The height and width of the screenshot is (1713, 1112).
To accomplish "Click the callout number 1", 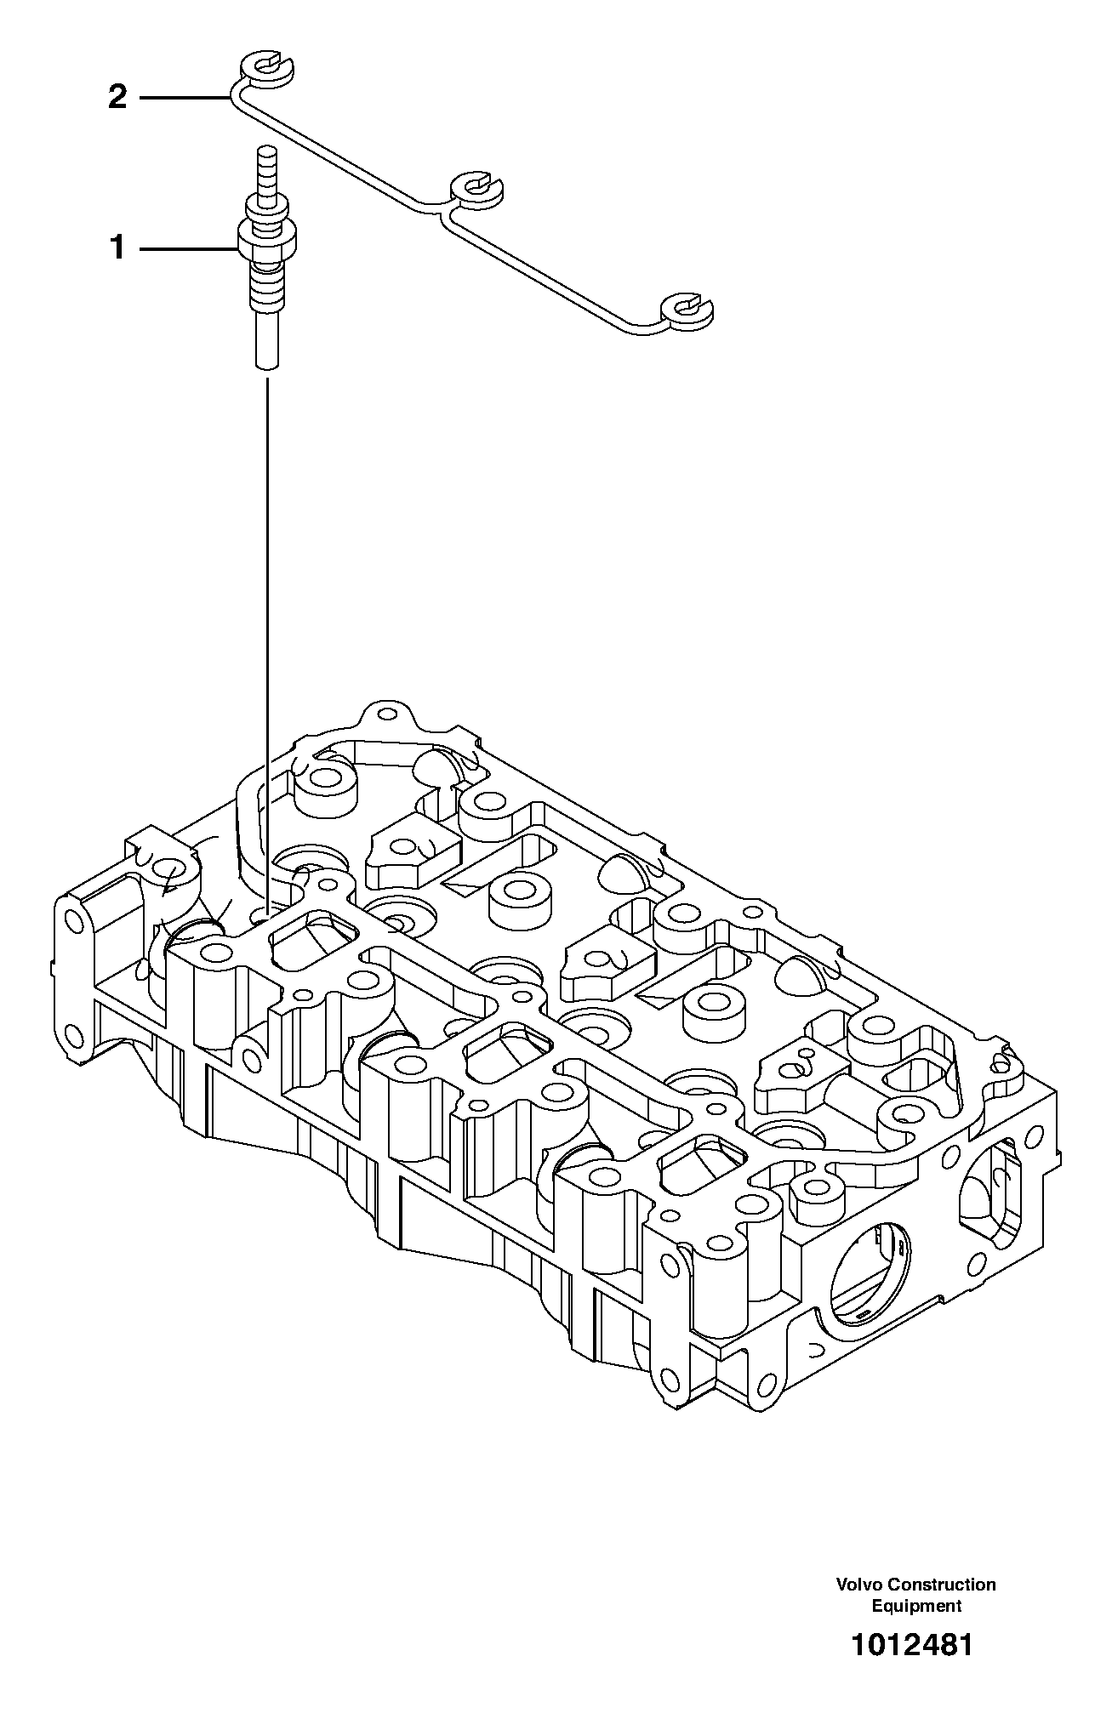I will pyautogui.click(x=117, y=249).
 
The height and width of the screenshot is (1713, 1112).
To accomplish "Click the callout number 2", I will pyautogui.click(x=117, y=99).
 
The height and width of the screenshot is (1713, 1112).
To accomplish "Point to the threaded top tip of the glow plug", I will pyautogui.click(x=266, y=162).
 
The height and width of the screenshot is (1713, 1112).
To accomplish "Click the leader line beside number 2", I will pyautogui.click(x=184, y=99).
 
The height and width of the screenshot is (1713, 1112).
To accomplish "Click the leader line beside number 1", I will pyautogui.click(x=187, y=249).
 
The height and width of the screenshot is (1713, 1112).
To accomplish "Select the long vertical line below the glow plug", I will pyautogui.click(x=266, y=638).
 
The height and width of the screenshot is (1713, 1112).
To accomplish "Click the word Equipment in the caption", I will pyautogui.click(x=916, y=1606).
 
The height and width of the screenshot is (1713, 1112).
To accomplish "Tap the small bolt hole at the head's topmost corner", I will pyautogui.click(x=387, y=714).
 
